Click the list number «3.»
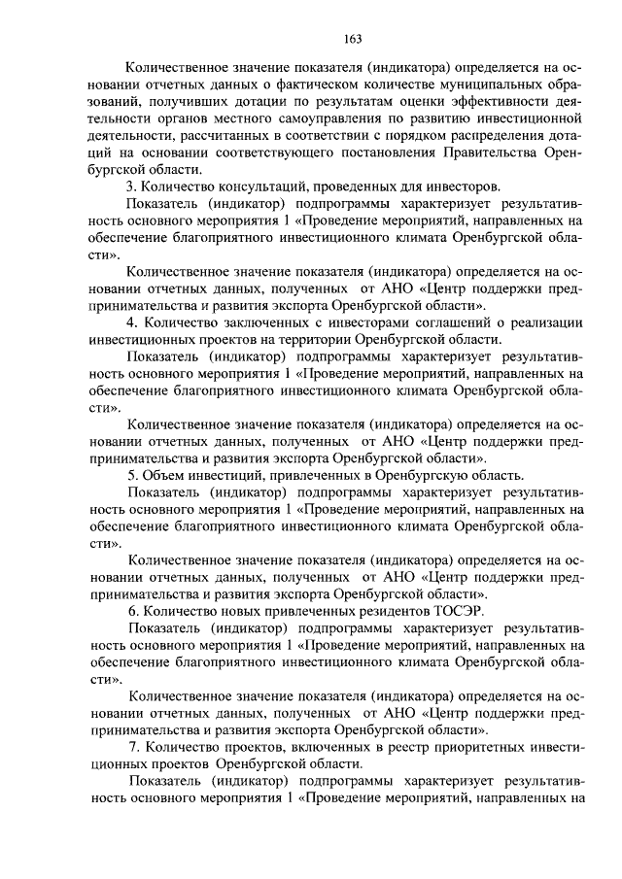132,186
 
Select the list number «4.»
132,322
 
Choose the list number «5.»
132,475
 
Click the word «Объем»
165,475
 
